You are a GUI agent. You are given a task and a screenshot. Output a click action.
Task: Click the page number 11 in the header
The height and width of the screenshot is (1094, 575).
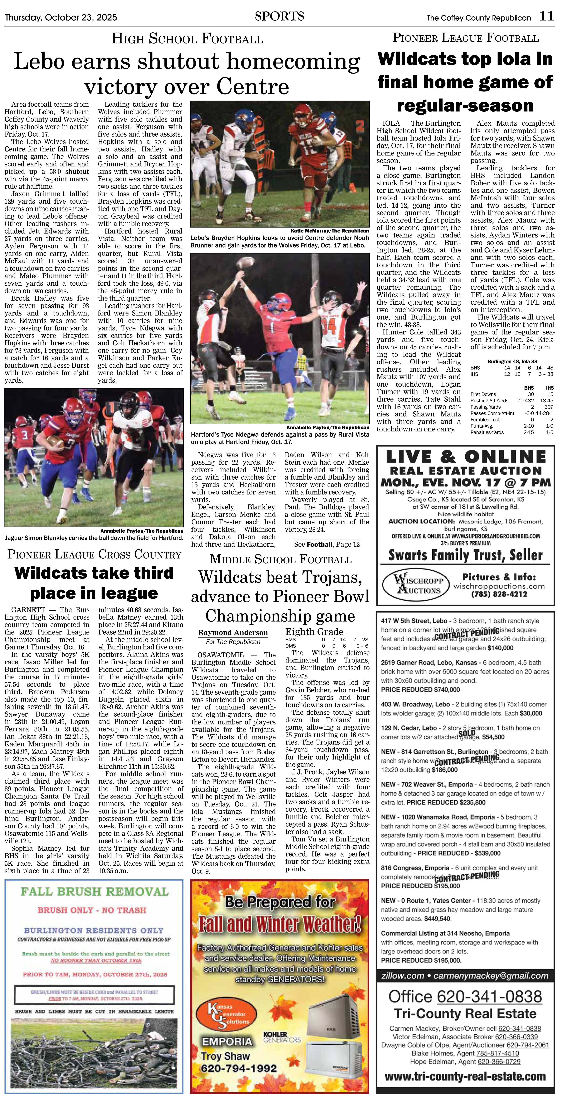547,16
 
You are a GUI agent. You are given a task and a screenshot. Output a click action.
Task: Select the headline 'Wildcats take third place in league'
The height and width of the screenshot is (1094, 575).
94,582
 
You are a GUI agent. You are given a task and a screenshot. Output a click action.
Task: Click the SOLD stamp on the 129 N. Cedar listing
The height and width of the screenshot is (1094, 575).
467,733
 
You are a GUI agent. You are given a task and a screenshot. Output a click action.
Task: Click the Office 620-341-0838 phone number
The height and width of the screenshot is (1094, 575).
465,996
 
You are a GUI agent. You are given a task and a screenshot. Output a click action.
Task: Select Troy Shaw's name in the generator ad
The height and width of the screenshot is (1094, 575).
225,1056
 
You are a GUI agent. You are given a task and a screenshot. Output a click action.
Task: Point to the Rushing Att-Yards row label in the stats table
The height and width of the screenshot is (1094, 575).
489,401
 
